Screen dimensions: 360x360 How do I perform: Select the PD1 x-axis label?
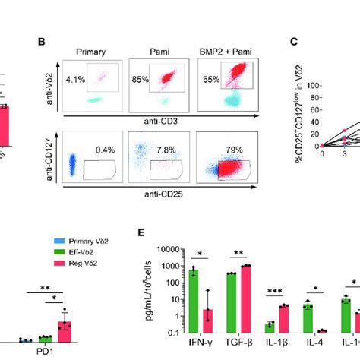(40, 352)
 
